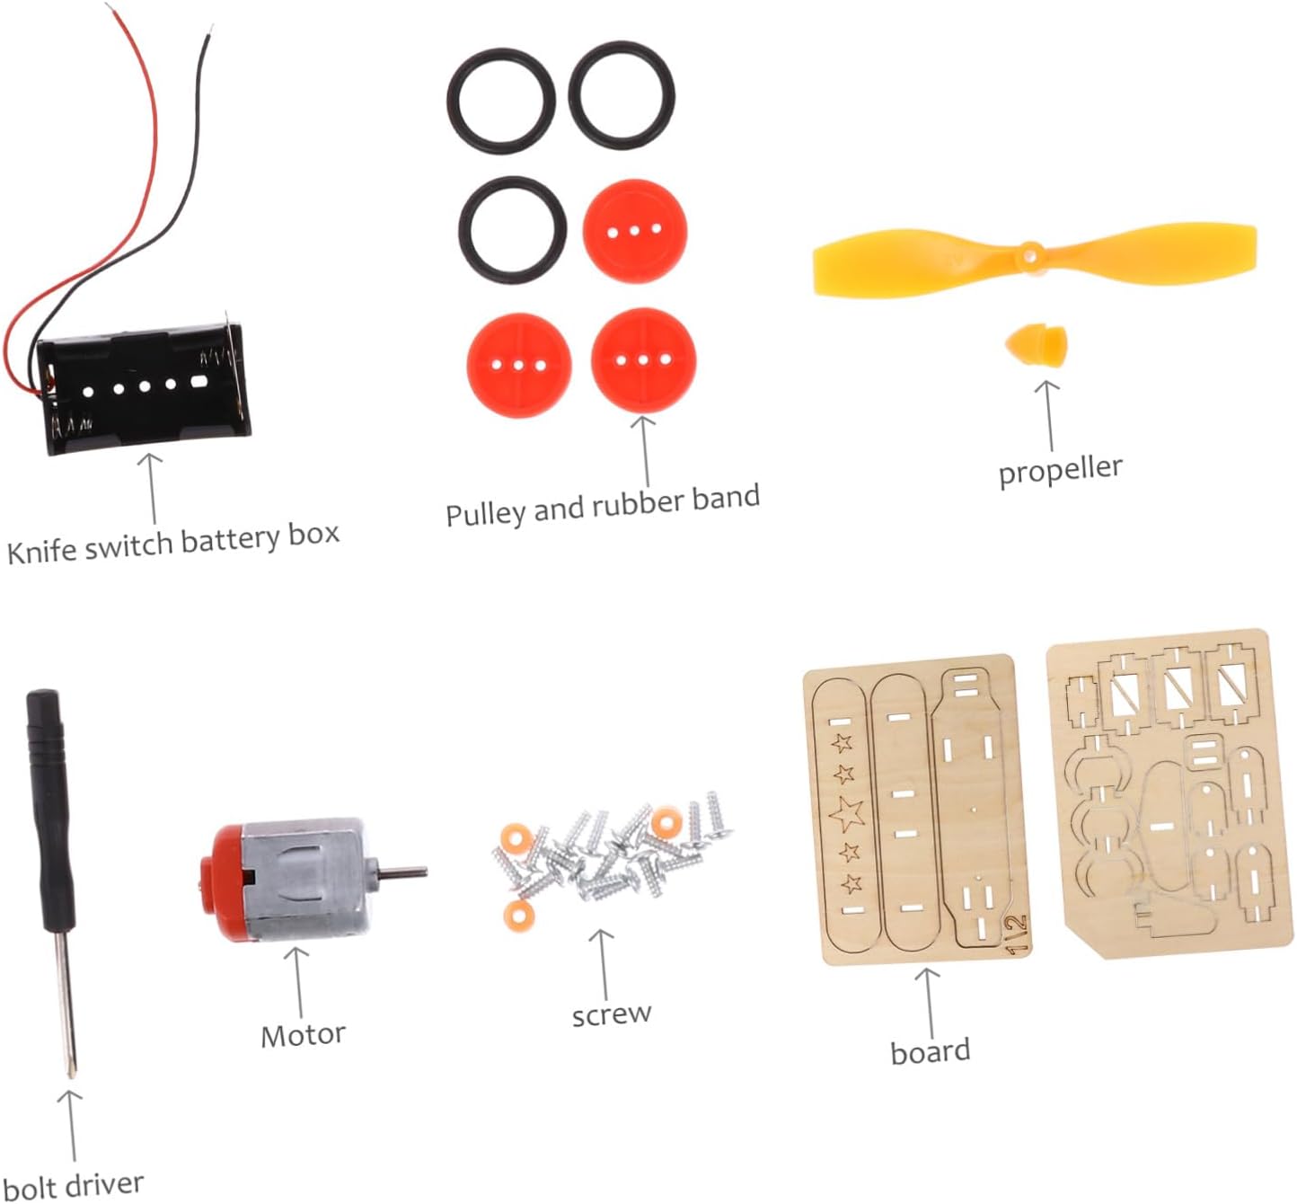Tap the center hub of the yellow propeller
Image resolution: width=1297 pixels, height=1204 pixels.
coord(1030,255)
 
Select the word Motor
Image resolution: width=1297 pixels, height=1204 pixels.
coord(303,1035)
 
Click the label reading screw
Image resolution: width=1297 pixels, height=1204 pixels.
coord(612,1014)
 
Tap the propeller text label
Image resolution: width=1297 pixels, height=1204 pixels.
coord(1060,470)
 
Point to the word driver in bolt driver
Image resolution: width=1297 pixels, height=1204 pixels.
coord(104,1185)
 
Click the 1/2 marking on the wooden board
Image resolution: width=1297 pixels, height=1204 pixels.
coord(1016,934)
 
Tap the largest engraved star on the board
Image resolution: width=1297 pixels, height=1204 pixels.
coord(846,813)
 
